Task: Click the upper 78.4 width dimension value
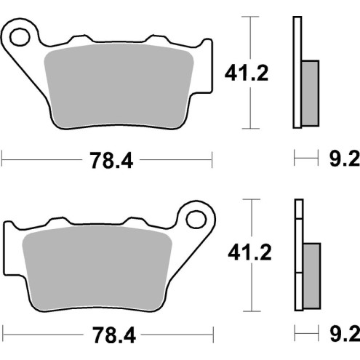click(x=108, y=161)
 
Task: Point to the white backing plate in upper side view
click(x=297, y=73)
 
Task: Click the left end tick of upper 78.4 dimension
click(x=2, y=157)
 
